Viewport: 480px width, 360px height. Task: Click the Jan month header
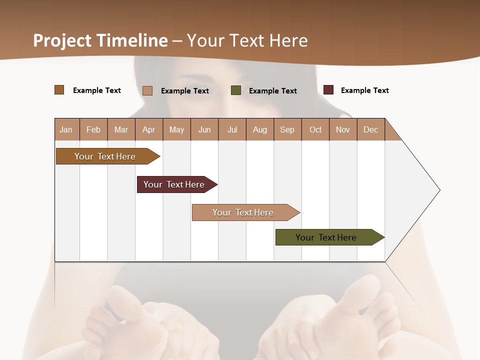[66, 129]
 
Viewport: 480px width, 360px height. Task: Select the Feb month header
[93, 129]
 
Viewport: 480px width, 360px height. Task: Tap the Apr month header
[148, 129]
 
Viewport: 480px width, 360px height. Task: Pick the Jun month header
[204, 129]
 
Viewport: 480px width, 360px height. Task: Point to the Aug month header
[259, 129]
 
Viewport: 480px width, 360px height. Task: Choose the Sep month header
[287, 129]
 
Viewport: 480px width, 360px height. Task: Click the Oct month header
[315, 129]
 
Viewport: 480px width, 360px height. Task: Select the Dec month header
[370, 129]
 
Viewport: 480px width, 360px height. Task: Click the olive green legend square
[236, 90]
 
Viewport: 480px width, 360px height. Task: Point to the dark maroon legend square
[328, 90]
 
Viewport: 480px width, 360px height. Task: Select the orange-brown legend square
[59, 90]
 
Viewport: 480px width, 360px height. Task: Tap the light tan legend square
[147, 90]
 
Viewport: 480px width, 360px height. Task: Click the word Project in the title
[62, 40]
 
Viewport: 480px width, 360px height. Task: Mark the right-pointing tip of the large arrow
[438, 190]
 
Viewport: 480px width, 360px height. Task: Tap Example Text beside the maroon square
[364, 90]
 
